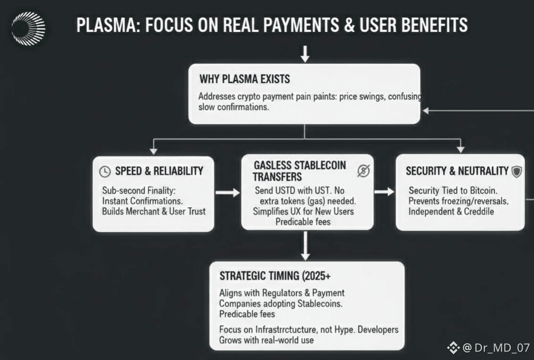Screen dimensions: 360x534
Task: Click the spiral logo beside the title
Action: pyautogui.click(x=28, y=28)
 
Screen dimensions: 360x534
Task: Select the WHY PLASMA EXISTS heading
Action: pyautogui.click(x=244, y=79)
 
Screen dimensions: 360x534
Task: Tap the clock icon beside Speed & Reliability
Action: pyautogui.click(x=105, y=171)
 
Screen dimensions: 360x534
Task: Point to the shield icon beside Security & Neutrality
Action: pyautogui.click(x=516, y=171)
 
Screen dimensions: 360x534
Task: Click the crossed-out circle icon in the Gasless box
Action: pyautogui.click(x=363, y=171)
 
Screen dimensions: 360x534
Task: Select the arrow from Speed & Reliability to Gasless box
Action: pyautogui.click(x=228, y=193)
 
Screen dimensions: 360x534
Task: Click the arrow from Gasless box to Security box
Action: pyautogui.click(x=384, y=191)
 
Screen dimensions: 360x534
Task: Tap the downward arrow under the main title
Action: pyautogui.click(x=305, y=54)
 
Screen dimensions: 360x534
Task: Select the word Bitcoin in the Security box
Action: pyautogui.click(x=483, y=190)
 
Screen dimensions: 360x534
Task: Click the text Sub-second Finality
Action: pyautogui.click(x=139, y=190)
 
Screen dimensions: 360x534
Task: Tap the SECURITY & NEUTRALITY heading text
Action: pyautogui.click(x=457, y=171)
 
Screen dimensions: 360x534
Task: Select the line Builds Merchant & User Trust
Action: pyautogui.click(x=154, y=211)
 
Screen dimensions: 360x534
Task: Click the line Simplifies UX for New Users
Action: pyautogui.click(x=303, y=211)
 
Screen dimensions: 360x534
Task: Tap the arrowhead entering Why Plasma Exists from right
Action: pyautogui.click(x=426, y=110)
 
